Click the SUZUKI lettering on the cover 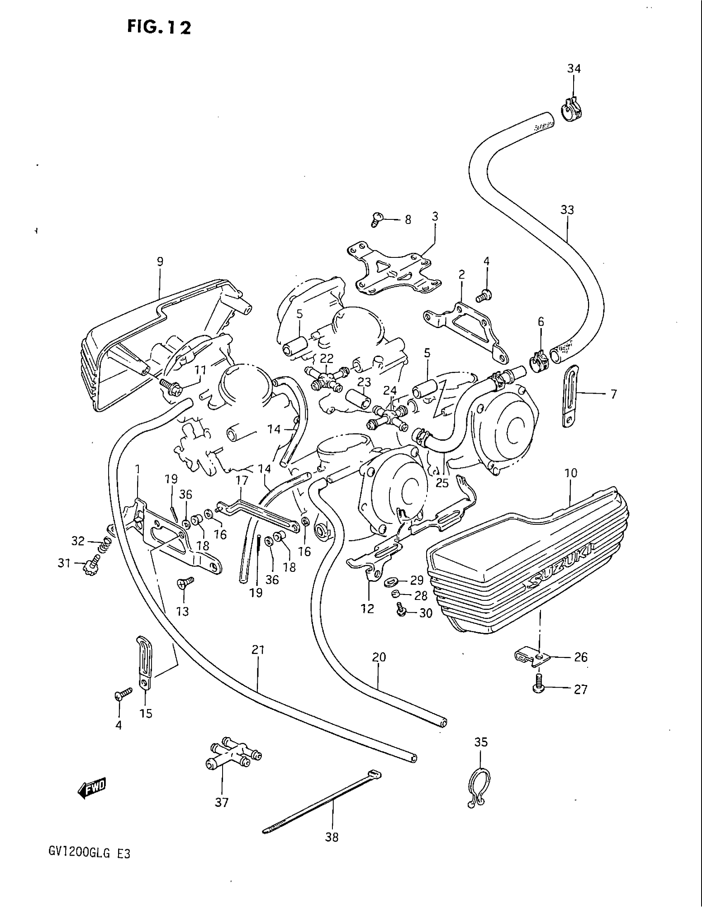coord(561,570)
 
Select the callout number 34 coord(574,69)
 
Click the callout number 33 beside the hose coord(567,210)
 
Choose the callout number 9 coord(160,262)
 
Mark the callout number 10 coord(571,473)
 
